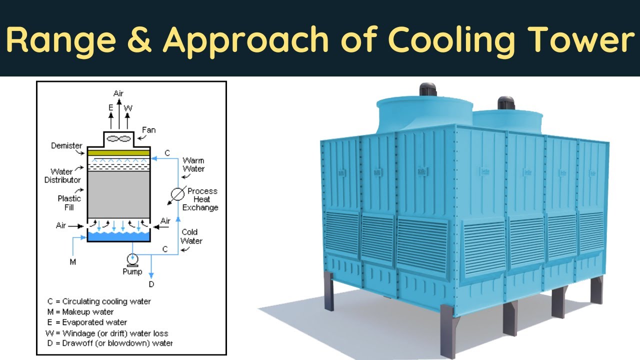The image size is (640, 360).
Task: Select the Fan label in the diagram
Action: point(149,130)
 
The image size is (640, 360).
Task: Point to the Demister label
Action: point(66,146)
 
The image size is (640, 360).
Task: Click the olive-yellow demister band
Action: point(118,152)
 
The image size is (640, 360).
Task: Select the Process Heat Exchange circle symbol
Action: point(177,194)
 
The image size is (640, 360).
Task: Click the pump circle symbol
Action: point(132,259)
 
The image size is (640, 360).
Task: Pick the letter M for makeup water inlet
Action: point(72,262)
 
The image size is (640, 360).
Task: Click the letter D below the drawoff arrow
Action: point(151,284)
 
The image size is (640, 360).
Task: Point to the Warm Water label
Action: point(193,164)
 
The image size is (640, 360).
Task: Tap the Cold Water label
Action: point(191,236)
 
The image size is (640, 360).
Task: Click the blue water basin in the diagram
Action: point(118,236)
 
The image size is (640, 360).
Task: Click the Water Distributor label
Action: point(62,175)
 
